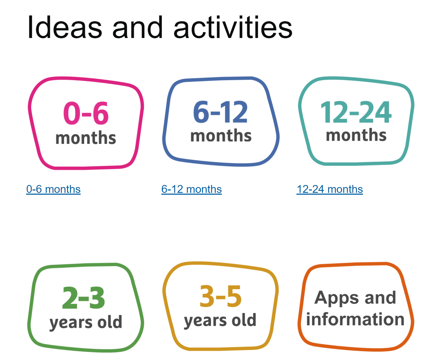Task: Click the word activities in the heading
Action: pos(233,27)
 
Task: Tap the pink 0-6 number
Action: pos(86,113)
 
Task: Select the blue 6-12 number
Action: pos(220,112)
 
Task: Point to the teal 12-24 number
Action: pos(356,112)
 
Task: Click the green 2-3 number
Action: pos(84,298)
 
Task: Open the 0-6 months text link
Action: pos(53,189)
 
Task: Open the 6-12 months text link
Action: pos(192,189)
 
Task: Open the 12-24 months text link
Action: pos(330,189)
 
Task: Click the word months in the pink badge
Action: pos(86,138)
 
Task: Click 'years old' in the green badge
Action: pos(86,322)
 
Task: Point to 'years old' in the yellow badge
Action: pos(220,320)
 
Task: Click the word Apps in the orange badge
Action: pos(337,298)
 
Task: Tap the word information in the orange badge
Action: pos(355,319)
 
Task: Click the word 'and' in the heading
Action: pos(138,27)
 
